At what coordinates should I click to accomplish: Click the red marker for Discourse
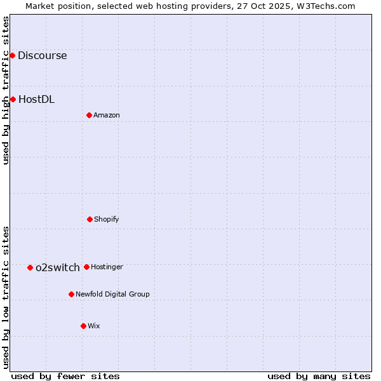click(12, 55)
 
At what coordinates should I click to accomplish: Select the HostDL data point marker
click(13, 99)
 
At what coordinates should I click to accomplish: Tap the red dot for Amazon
click(89, 115)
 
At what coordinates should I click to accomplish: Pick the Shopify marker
click(90, 219)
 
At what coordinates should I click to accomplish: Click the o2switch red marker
click(30, 267)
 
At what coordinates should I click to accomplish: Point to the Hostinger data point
click(86, 267)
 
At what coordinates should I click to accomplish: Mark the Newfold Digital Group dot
click(71, 294)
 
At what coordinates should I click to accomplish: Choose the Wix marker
click(83, 326)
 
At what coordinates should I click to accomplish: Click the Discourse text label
click(42, 55)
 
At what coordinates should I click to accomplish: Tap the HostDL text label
click(36, 99)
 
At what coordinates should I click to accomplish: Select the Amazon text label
click(107, 115)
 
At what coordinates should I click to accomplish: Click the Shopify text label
click(107, 219)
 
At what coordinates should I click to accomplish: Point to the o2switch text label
click(58, 267)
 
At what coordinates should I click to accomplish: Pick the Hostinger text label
click(107, 267)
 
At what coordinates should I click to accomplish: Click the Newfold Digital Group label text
click(112, 294)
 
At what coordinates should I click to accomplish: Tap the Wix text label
click(94, 326)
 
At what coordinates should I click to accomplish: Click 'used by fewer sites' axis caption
click(65, 376)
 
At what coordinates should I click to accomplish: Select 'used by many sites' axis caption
click(319, 376)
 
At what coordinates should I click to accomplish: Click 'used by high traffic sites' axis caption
click(6, 90)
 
